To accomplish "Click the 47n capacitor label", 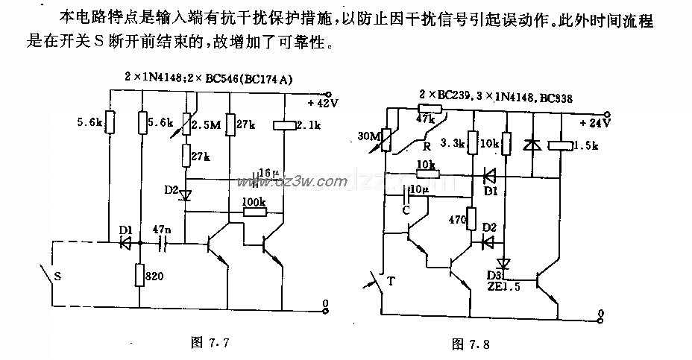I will click(x=160, y=229).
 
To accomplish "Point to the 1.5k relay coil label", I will click(x=588, y=146).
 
